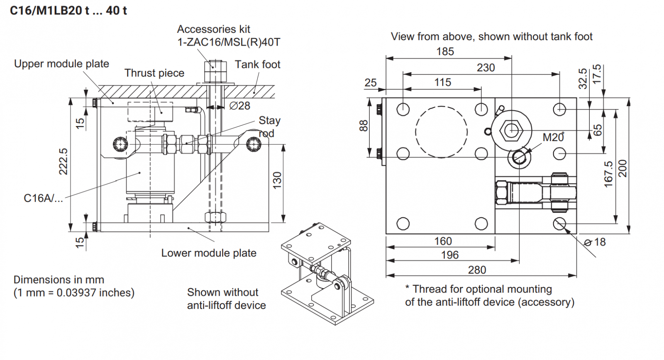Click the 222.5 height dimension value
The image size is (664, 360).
(x=63, y=161)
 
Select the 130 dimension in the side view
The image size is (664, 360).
(x=277, y=181)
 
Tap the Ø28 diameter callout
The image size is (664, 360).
(x=240, y=106)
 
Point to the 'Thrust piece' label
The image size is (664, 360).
(x=154, y=73)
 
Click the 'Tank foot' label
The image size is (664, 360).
(x=257, y=65)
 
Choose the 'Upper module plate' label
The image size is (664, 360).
(x=61, y=64)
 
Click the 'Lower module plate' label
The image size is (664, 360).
(x=209, y=253)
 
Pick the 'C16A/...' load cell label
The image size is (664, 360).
(x=43, y=198)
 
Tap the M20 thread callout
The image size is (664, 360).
(x=553, y=137)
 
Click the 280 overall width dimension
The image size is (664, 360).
(x=477, y=270)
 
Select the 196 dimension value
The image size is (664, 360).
(x=450, y=255)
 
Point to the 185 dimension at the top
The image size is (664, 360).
(x=445, y=51)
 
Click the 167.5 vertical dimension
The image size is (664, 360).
(x=608, y=174)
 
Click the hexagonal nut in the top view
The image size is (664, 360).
(x=511, y=131)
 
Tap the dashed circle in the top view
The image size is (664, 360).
(x=441, y=132)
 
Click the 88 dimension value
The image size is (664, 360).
(x=364, y=125)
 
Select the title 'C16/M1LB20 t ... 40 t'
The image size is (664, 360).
(x=68, y=11)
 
